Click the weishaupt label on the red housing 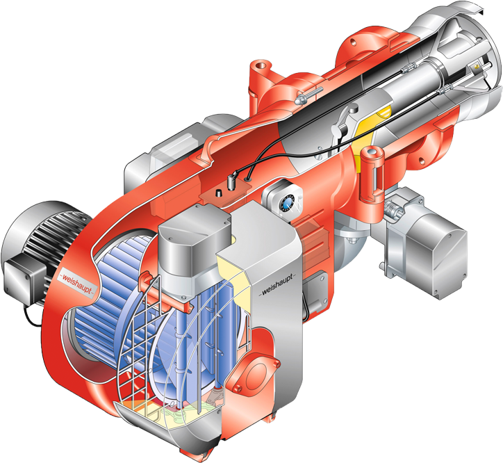pyautogui.click(x=77, y=283)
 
